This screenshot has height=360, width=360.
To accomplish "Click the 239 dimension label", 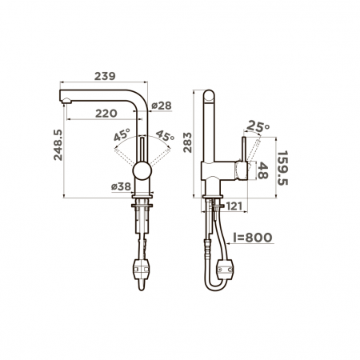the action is (x=105, y=76).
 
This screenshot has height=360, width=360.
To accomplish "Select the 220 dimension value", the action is (x=106, y=114).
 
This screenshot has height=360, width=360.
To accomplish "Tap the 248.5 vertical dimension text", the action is (x=58, y=145).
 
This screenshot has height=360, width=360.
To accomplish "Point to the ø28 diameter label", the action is (x=162, y=106).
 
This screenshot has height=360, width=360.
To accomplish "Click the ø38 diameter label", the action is (x=121, y=186).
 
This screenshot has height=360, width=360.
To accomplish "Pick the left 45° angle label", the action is (x=122, y=134).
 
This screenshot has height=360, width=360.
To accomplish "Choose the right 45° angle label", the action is (x=165, y=135).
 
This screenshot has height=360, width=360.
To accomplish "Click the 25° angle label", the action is (x=258, y=126).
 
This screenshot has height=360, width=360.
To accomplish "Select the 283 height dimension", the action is (x=187, y=142).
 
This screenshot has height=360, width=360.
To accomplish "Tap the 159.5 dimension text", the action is (x=282, y=168).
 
